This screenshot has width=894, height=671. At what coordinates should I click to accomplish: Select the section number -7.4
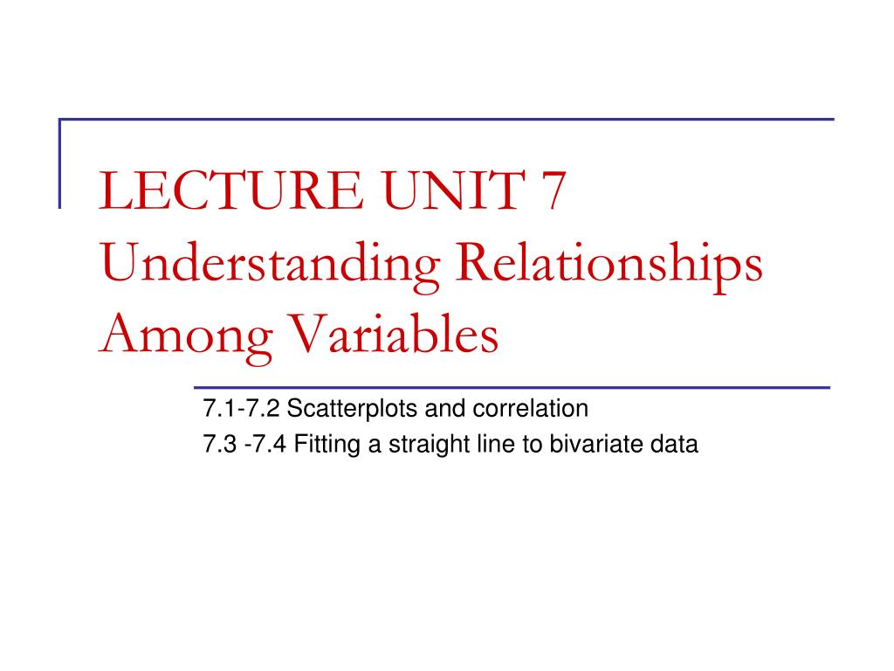point(266,445)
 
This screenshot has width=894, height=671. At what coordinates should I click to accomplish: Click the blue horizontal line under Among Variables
point(511,386)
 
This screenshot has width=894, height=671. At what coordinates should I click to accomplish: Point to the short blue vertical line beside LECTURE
point(60,163)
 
